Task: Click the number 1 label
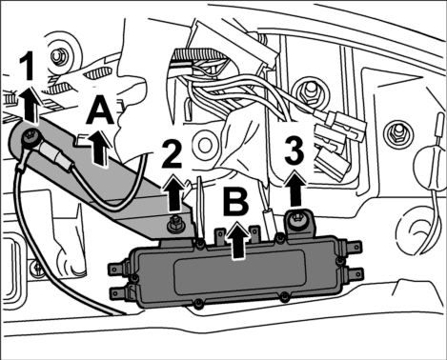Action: pos(29,66)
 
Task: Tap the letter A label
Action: pos(100,110)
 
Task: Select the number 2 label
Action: pos(172,154)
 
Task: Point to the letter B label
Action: pos(235,202)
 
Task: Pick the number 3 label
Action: pos(295,150)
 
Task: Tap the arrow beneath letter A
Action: pos(99,148)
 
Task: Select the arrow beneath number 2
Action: pos(173,192)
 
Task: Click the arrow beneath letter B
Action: pos(236,240)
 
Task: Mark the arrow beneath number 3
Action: pos(295,189)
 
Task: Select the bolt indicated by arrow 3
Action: pos(297,218)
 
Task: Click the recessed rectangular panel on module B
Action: pos(238,270)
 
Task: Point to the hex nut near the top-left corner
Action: pos(58,56)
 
